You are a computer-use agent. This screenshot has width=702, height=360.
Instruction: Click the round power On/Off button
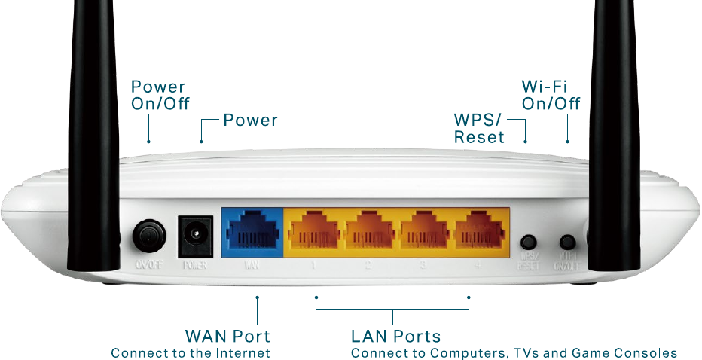149,236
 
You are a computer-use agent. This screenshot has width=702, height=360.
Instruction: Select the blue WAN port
252,230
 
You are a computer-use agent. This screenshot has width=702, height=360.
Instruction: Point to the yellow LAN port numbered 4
481,230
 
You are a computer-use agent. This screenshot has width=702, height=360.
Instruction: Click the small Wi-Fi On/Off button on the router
566,243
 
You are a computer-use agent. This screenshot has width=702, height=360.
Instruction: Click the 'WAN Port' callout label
227,335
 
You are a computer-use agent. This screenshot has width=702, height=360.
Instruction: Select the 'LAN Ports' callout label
395,335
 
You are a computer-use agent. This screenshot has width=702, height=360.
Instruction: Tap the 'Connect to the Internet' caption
191,352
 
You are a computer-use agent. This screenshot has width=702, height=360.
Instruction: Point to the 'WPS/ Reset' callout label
480,128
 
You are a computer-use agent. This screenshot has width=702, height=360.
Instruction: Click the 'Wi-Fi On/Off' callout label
551,95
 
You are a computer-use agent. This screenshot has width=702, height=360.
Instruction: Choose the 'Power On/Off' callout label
160,95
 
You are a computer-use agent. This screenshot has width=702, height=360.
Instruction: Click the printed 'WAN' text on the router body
252,266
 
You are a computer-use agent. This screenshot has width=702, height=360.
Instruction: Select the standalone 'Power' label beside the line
251,120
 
